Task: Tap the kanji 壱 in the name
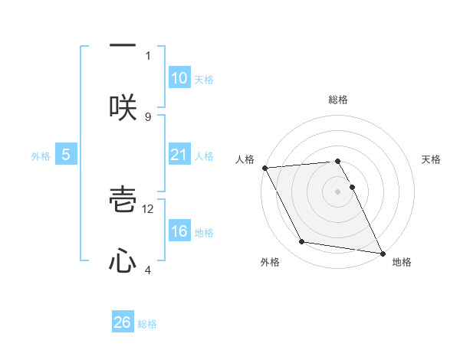123,201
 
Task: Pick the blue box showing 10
179,78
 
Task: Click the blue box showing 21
179,155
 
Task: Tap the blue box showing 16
179,231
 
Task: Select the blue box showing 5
66,155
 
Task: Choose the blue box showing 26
123,322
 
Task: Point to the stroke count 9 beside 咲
148,116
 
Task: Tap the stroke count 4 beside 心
148,270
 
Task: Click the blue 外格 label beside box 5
41,155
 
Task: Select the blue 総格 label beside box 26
147,323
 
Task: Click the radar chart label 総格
337,100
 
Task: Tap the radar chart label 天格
431,159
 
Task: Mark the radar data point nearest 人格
264,168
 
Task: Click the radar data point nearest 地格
382,252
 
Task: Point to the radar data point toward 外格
302,242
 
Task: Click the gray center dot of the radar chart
337,191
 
